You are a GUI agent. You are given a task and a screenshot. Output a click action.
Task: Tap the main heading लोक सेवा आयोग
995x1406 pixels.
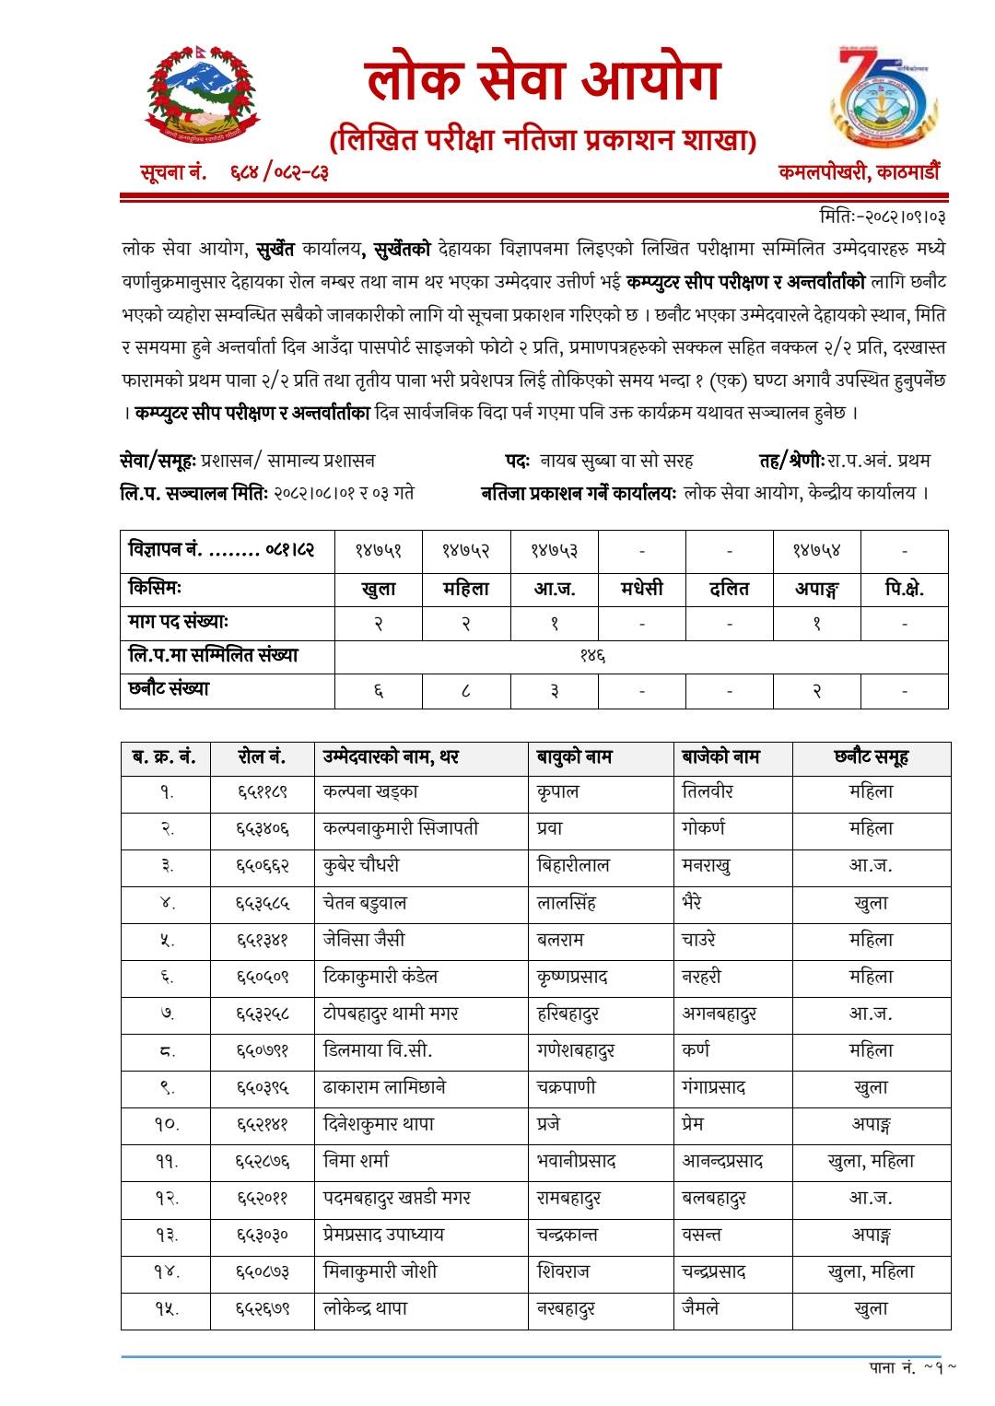click(543, 80)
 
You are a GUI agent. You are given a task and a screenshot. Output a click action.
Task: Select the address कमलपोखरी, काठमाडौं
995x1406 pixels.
click(859, 171)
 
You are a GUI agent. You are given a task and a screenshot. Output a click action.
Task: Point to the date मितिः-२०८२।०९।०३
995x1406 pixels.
click(882, 217)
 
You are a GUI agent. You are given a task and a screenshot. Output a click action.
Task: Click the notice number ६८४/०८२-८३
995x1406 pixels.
click(279, 171)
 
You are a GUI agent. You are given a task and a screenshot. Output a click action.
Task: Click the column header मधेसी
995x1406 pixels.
click(641, 589)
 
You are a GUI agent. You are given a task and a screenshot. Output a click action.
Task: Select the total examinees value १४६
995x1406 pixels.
click(591, 656)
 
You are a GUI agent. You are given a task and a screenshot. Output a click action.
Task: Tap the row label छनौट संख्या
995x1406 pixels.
click(170, 689)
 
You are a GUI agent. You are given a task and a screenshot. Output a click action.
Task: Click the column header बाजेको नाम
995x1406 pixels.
click(720, 757)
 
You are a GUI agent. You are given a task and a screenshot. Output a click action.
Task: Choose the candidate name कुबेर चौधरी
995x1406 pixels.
click(362, 865)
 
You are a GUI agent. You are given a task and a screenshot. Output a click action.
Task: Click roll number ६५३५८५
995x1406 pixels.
click(263, 903)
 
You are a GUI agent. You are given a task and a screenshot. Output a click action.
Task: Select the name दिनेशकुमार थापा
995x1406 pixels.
click(379, 1124)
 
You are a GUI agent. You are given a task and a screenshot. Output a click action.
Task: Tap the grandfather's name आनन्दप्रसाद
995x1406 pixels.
click(722, 1161)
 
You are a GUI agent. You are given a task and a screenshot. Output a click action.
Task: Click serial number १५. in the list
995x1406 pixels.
click(166, 1309)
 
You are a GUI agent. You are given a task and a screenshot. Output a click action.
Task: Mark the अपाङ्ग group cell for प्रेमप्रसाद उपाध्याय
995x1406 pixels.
click(871, 1235)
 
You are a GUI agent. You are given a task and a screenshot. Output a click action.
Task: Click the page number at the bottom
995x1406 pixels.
click(912, 1367)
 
